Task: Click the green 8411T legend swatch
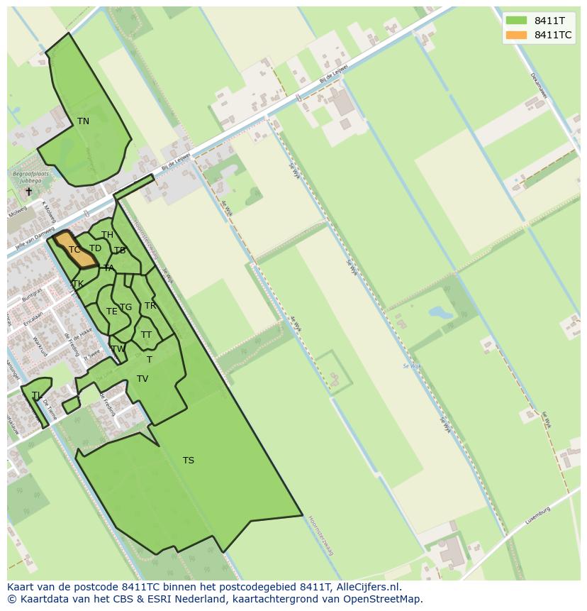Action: coord(516,21)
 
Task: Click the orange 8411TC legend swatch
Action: coord(516,35)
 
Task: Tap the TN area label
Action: coord(83,121)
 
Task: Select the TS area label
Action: coord(188,461)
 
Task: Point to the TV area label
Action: coord(142,379)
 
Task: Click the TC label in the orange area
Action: coord(74,250)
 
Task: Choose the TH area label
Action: coord(107,235)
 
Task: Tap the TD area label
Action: coord(95,248)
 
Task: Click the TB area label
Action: coord(120,251)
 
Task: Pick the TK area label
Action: coord(78,284)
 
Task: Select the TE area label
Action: coord(111,312)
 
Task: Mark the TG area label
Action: coord(125,307)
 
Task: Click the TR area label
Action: coord(150,306)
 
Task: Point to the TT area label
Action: coord(146,335)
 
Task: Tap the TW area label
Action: coord(118,348)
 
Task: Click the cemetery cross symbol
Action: coord(29,192)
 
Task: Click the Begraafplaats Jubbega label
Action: coord(28,177)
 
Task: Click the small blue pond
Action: coord(440,312)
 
